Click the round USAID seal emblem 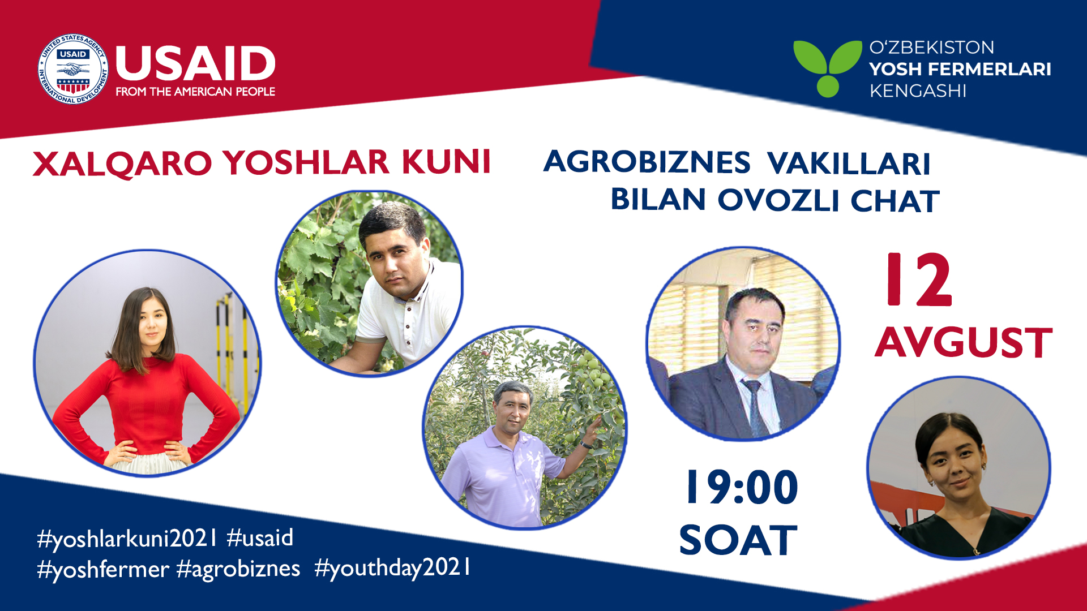[72, 69]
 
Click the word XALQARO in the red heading [122, 163]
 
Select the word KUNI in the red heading [446, 162]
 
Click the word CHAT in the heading [895, 201]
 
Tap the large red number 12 [920, 279]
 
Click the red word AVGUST [964, 342]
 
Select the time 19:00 [742, 487]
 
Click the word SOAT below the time [738, 540]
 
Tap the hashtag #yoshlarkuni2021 [127, 539]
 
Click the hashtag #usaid [260, 537]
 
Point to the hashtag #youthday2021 [392, 568]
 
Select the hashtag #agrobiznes [238, 569]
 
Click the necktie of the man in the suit [756, 407]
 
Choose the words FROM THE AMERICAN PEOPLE [195, 92]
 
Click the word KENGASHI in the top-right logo [918, 91]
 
